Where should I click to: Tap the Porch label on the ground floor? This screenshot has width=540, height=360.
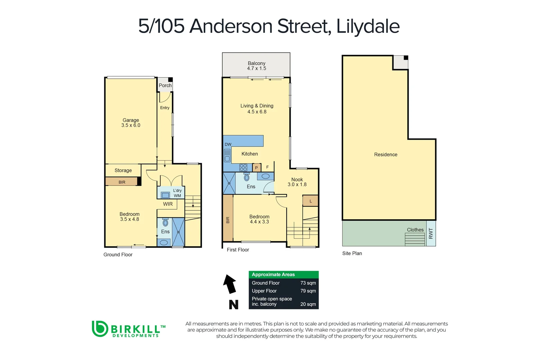[165, 85]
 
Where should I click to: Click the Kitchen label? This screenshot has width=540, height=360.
[250, 154]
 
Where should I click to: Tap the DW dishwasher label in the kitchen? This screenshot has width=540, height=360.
[228, 145]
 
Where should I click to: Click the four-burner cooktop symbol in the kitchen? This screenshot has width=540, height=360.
[243, 167]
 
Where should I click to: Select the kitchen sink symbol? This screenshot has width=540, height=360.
[227, 155]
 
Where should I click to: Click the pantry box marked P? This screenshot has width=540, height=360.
[256, 168]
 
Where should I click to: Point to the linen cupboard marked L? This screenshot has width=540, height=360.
[311, 201]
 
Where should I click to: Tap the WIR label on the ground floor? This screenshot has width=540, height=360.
[168, 204]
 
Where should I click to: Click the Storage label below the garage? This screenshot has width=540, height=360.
[123, 170]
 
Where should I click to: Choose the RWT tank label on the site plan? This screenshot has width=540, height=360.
[431, 233]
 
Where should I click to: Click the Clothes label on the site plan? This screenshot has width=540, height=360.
[415, 230]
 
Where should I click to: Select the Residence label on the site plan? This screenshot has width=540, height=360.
[386, 155]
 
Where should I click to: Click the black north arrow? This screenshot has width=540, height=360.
[230, 284]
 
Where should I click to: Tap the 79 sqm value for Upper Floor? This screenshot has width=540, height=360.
[308, 291]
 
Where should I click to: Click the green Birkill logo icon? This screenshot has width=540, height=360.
[100, 329]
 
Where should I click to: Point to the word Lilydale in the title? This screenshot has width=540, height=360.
[368, 26]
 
